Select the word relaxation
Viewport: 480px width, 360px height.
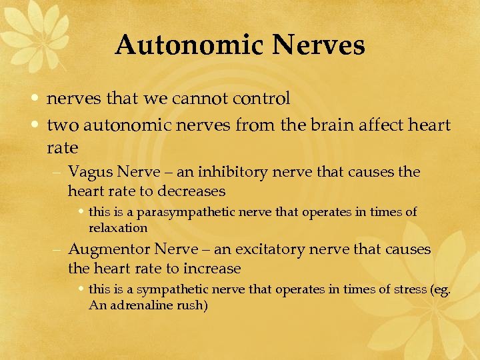point(118,228)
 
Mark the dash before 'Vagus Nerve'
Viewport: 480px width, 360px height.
point(59,173)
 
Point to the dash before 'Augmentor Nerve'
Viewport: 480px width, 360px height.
point(59,250)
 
